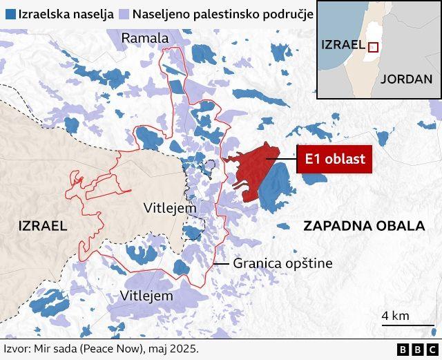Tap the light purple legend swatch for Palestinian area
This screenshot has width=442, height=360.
(x=124, y=14)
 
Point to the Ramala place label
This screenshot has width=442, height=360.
(x=145, y=37)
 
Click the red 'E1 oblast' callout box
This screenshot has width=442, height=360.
(x=335, y=160)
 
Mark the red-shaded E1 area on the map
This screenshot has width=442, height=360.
(x=252, y=166)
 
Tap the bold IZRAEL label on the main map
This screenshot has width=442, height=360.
(x=42, y=225)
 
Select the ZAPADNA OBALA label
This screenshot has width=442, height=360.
(x=363, y=226)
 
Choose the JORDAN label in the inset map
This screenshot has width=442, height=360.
(x=406, y=78)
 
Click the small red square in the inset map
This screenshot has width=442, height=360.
(x=373, y=47)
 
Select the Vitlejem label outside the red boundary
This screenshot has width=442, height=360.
(x=146, y=295)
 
